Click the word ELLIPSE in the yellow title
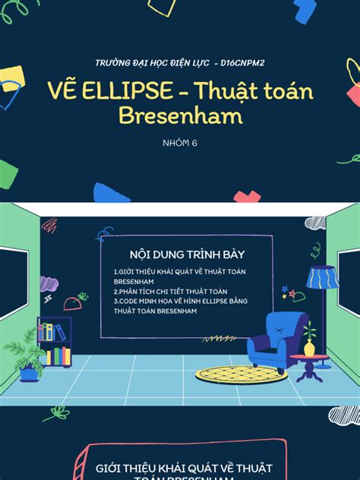pos(139,93)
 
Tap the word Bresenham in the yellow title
pos(179,115)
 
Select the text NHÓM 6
pos(179,142)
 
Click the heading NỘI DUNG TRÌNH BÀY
pos(180,255)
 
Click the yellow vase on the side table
pos(309,348)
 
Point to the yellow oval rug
pos(241,374)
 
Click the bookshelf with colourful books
pos(54,343)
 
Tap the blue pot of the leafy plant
pos(28,373)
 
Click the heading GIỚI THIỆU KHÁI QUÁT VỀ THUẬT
pos(180,469)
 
